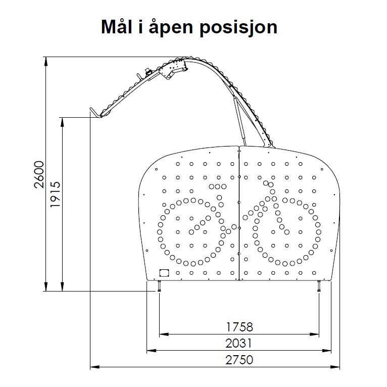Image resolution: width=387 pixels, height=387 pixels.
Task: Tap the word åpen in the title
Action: [171, 27]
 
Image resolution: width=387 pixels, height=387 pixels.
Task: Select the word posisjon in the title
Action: [238, 28]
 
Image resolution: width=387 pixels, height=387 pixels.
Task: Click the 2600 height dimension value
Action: [39, 174]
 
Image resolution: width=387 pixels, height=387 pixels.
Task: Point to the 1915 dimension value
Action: [55, 195]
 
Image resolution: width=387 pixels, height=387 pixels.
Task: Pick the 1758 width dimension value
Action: [239, 327]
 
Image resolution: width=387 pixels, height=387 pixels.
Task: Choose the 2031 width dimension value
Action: [238, 343]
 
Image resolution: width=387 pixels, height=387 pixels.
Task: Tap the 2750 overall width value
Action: [239, 360]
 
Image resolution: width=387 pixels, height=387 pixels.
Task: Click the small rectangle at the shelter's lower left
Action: [164, 273]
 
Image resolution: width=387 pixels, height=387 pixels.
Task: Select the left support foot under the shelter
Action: [159, 286]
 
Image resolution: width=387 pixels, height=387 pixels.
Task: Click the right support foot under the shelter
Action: [319, 286]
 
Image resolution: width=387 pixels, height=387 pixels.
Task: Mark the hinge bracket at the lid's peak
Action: [173, 69]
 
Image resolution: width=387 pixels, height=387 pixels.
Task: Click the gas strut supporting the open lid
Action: [239, 121]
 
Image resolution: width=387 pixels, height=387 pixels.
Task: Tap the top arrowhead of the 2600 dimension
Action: [45, 61]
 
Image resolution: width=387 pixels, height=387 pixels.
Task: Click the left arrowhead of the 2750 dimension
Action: [94, 367]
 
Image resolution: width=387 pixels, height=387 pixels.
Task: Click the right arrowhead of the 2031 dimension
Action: [326, 351]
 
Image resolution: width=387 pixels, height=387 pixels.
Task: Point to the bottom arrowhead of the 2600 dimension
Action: [45, 287]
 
